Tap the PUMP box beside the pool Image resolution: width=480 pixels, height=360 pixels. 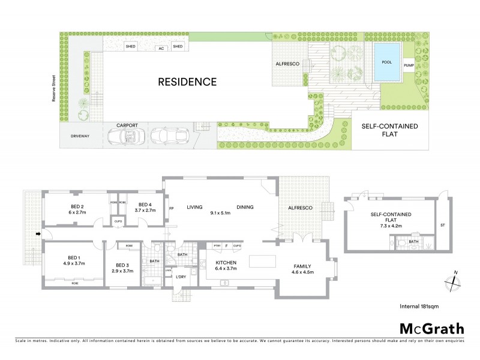409,65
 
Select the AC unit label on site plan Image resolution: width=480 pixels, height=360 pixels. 160,48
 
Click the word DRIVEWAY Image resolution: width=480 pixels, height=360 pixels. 78,136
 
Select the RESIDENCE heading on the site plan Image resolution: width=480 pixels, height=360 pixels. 187,81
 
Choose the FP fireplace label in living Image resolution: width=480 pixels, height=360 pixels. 171,208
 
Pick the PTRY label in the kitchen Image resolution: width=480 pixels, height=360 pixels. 218,246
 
